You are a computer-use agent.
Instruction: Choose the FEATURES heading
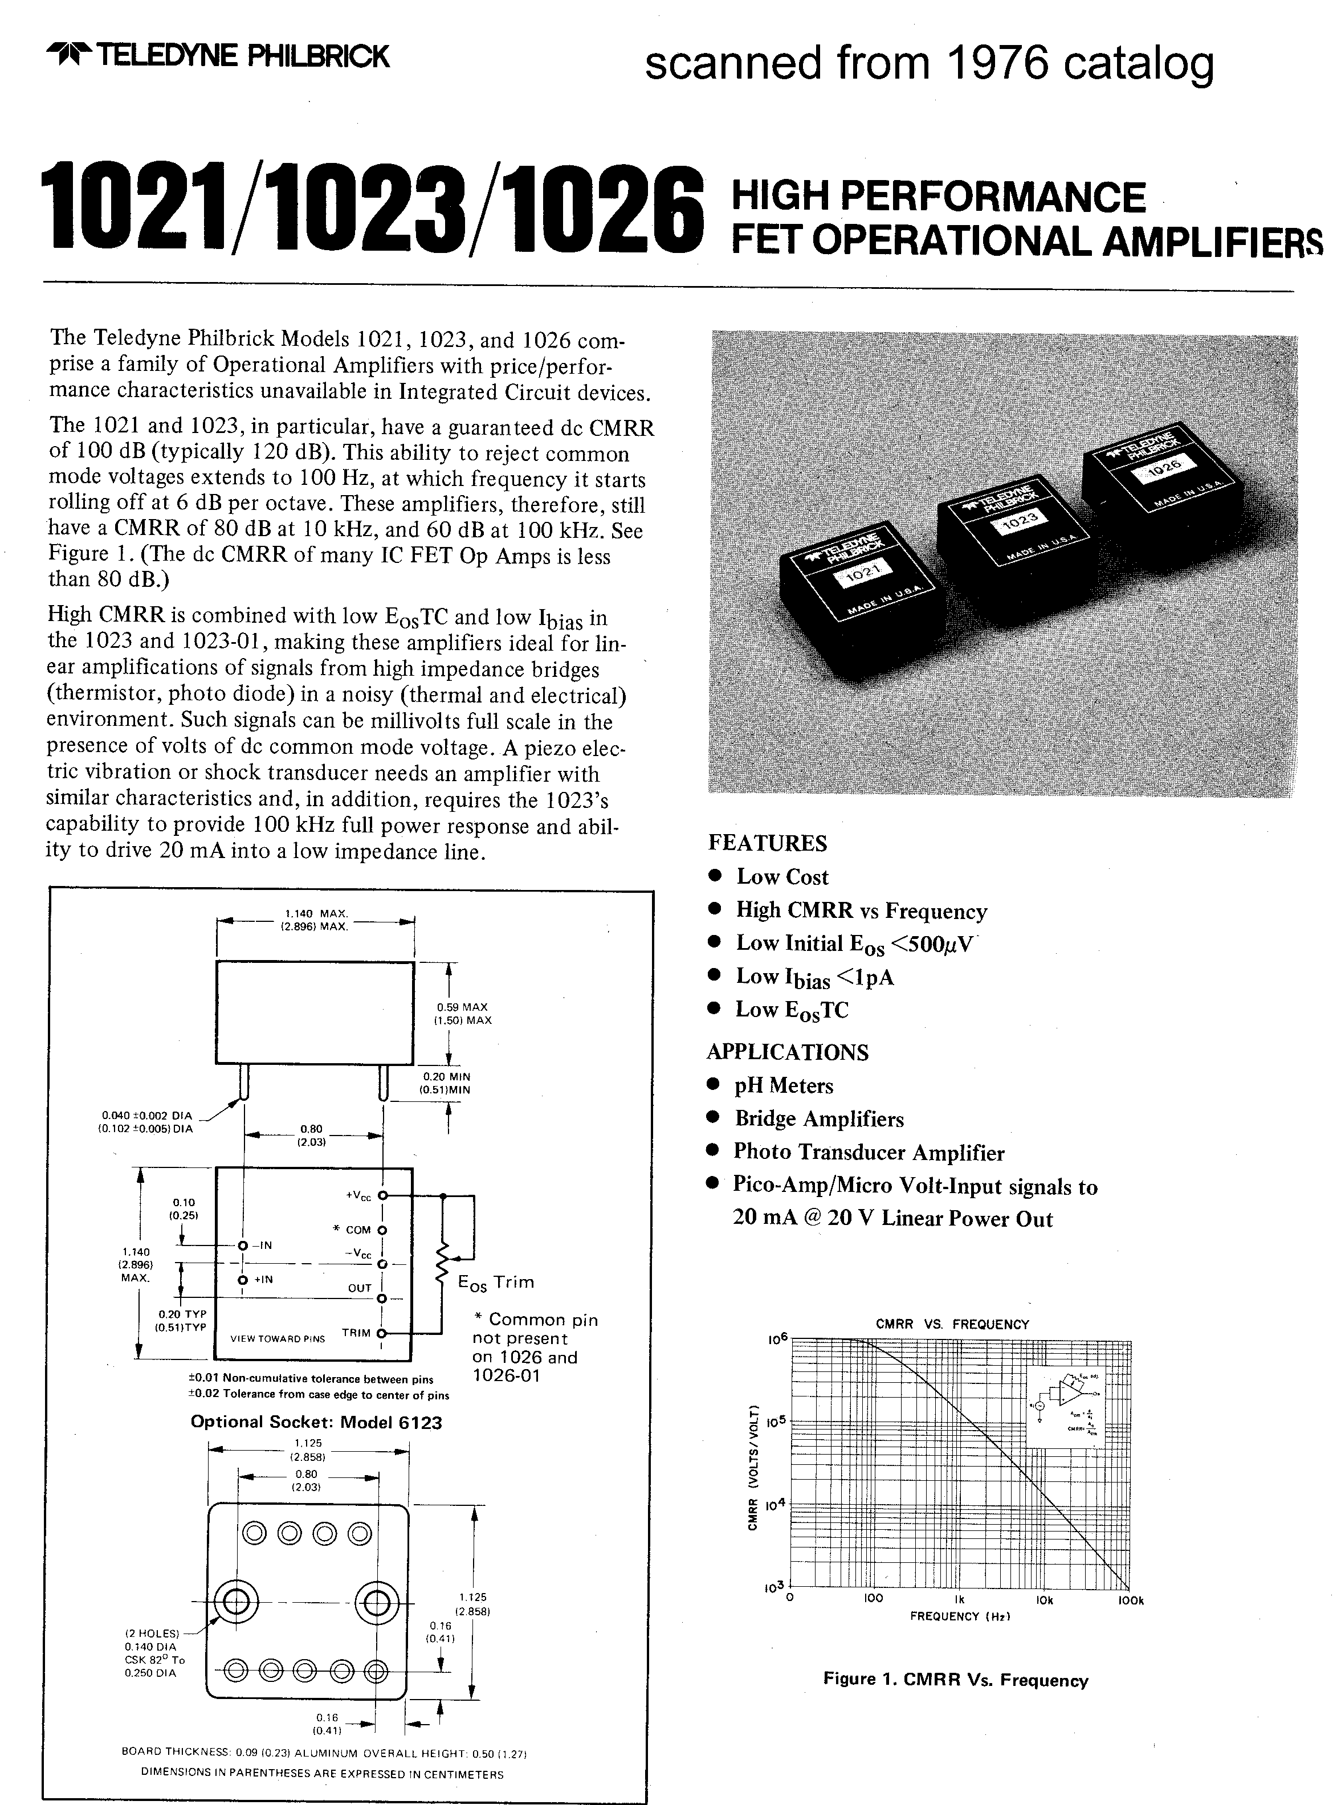(767, 843)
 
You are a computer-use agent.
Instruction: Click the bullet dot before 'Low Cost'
(715, 876)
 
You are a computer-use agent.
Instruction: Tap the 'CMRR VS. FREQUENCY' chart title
(952, 1325)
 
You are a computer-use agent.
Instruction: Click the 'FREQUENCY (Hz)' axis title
(956, 1616)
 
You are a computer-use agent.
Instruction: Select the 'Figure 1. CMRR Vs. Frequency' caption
(955, 1680)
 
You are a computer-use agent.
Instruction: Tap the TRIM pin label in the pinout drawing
(356, 1333)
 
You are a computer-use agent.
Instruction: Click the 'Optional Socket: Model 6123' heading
(316, 1422)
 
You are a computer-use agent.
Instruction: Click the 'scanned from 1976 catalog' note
(929, 63)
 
